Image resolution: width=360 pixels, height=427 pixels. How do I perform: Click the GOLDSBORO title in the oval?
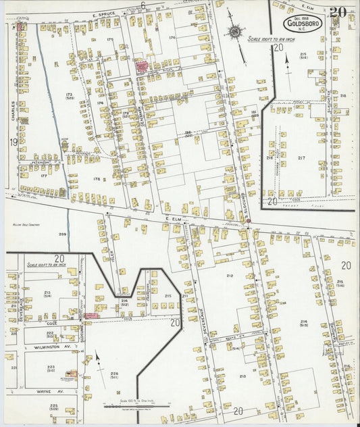pyautogui.click(x=303, y=25)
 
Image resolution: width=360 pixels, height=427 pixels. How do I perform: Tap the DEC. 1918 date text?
pyautogui.click(x=302, y=18)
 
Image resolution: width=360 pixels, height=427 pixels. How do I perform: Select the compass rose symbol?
pyautogui.click(x=236, y=31)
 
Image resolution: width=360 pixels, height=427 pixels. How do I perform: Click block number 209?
pyautogui.click(x=62, y=234)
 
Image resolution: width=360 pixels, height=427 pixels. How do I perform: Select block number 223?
pyautogui.click(x=51, y=367)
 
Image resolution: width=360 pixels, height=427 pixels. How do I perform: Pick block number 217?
pyautogui.click(x=301, y=158)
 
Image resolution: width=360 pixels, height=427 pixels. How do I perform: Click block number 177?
pyautogui.click(x=43, y=175)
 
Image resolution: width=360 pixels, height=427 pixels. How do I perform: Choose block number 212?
pyautogui.click(x=230, y=276)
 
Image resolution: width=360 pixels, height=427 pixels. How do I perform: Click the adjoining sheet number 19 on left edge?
pyautogui.click(x=13, y=143)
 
